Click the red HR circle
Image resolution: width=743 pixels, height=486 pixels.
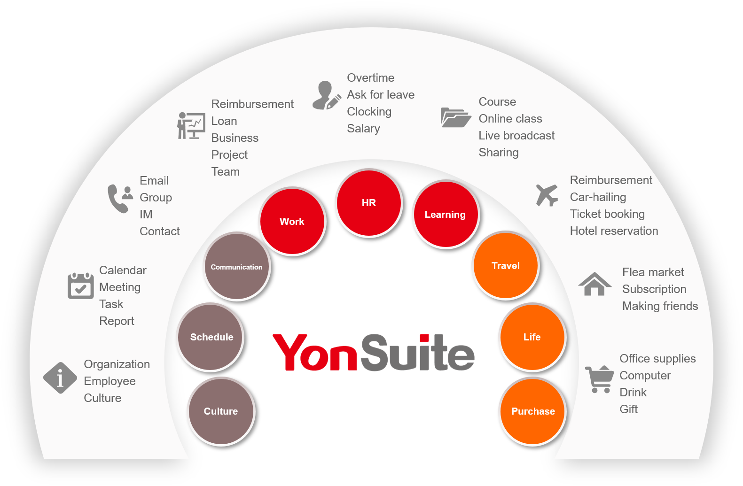[369, 203]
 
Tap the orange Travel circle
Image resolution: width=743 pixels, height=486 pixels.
[506, 265]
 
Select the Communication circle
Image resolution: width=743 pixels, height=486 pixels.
[237, 267]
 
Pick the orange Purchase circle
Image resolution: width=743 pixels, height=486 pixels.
[532, 411]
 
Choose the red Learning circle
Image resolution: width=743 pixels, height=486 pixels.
[446, 215]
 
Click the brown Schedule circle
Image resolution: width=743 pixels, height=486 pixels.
[211, 337]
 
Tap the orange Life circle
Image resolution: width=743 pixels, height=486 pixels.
[532, 337]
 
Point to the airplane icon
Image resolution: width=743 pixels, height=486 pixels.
[547, 195]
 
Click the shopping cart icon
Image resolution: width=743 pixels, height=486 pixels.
[600, 379]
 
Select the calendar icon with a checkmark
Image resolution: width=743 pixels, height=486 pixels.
[80, 285]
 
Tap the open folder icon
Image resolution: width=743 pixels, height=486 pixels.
[455, 117]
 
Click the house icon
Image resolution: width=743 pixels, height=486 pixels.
[594, 284]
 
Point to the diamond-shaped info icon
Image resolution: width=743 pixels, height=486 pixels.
[60, 378]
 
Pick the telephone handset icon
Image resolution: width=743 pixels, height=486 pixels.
[117, 199]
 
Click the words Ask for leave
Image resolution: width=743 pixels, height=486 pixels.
[381, 95]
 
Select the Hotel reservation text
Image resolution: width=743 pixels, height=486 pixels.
[614, 231]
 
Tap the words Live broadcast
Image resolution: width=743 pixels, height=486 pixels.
[516, 136]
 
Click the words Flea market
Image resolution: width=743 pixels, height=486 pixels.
[653, 272]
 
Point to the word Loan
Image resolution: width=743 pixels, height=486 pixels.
[224, 121]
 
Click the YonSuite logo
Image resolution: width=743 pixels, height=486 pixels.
[374, 353]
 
